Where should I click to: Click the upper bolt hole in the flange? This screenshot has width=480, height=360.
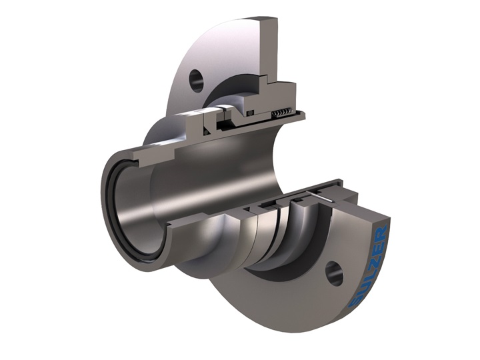[x=196, y=81]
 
